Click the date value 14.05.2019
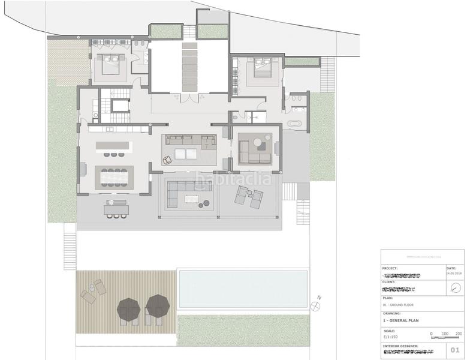tap(452, 274)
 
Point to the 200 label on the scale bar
tap(458, 333)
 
